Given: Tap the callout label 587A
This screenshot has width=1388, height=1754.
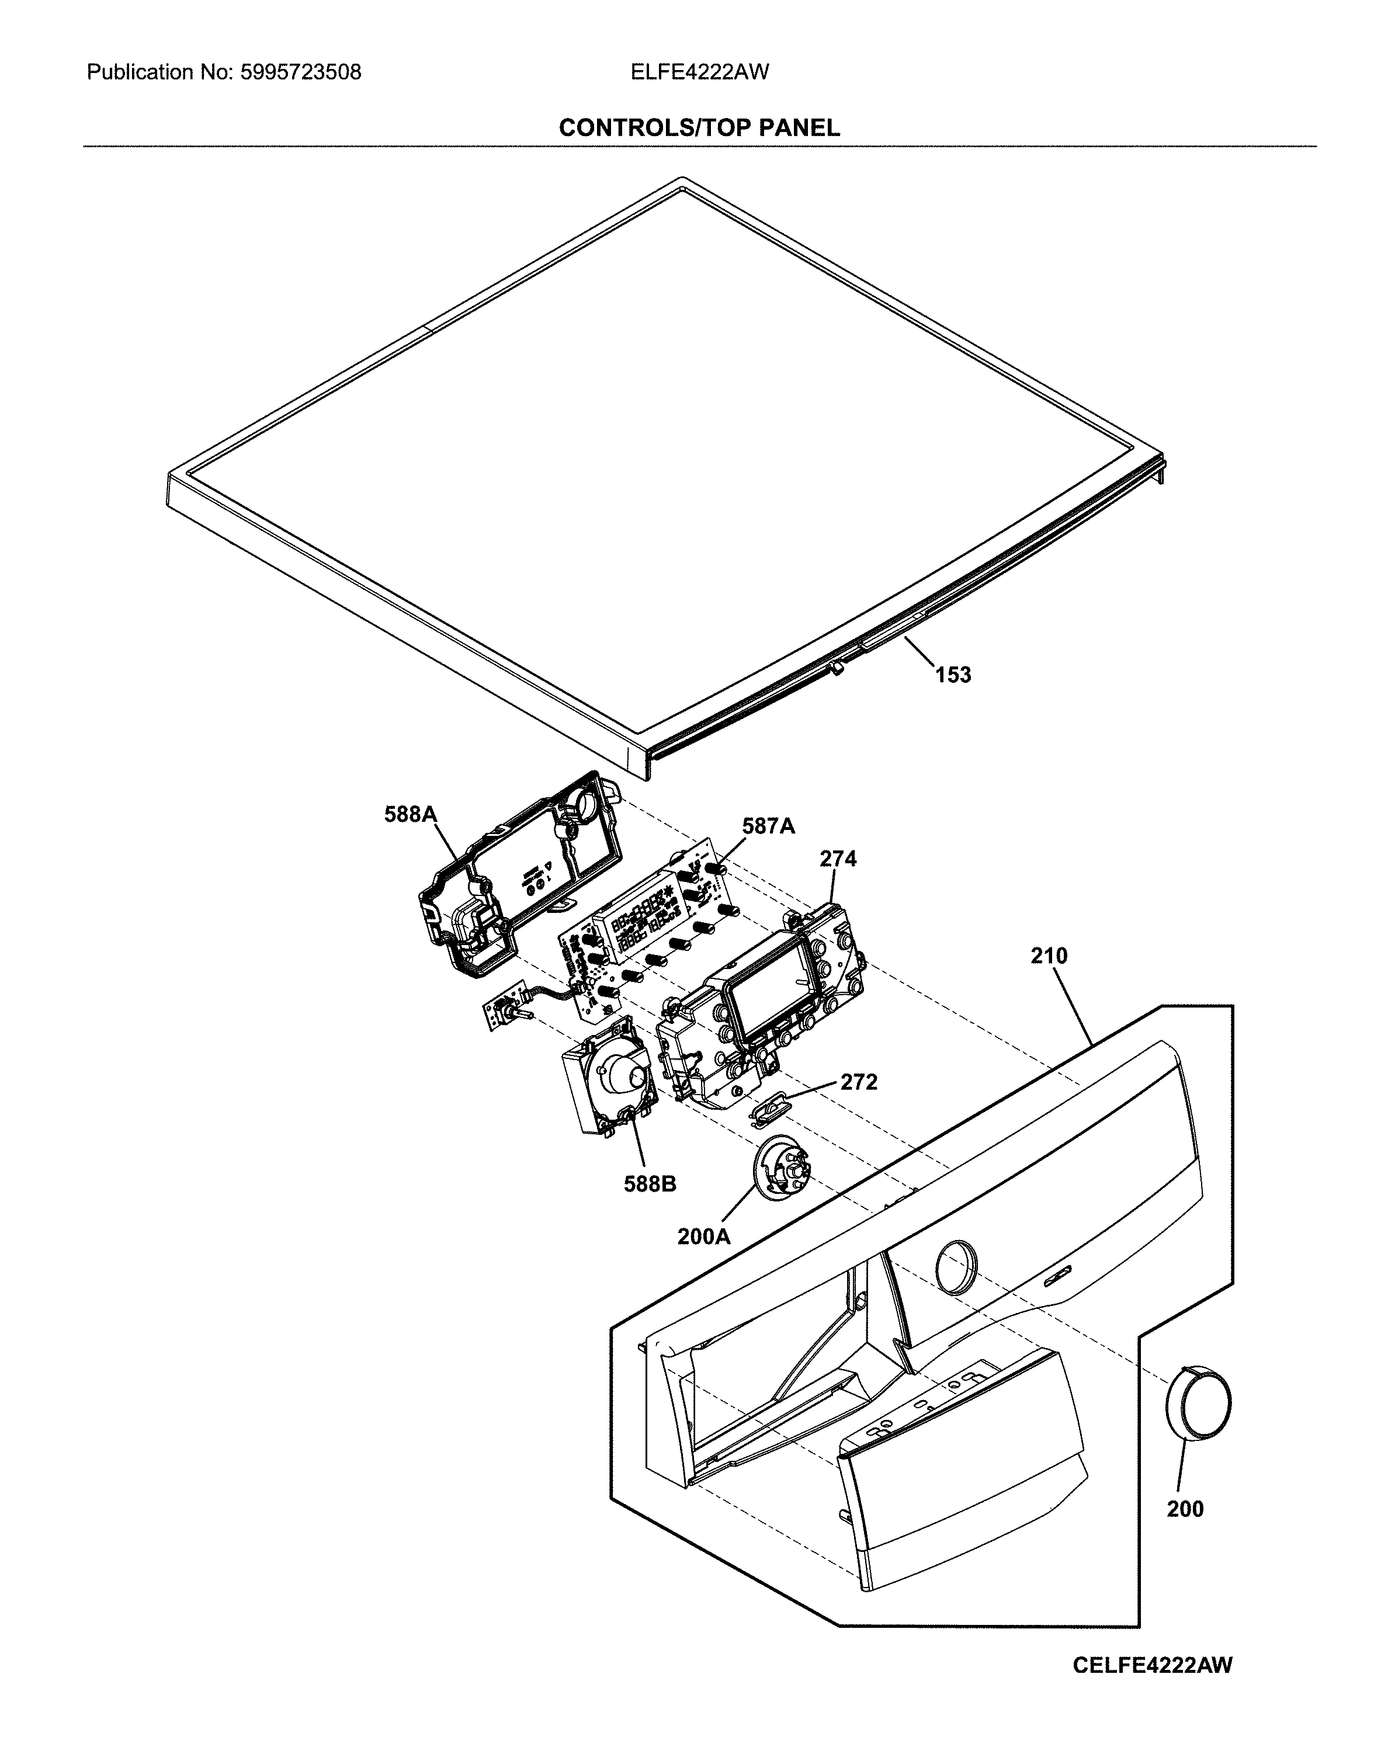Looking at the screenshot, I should pyautogui.click(x=768, y=826).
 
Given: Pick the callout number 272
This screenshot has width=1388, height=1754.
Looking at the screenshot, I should pyautogui.click(x=859, y=1082).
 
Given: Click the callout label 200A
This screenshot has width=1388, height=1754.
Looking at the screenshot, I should pyautogui.click(x=704, y=1237).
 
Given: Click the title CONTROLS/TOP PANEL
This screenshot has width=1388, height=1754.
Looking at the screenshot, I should pyautogui.click(x=699, y=127).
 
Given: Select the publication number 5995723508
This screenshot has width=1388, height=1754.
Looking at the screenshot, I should pyautogui.click(x=300, y=73).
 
